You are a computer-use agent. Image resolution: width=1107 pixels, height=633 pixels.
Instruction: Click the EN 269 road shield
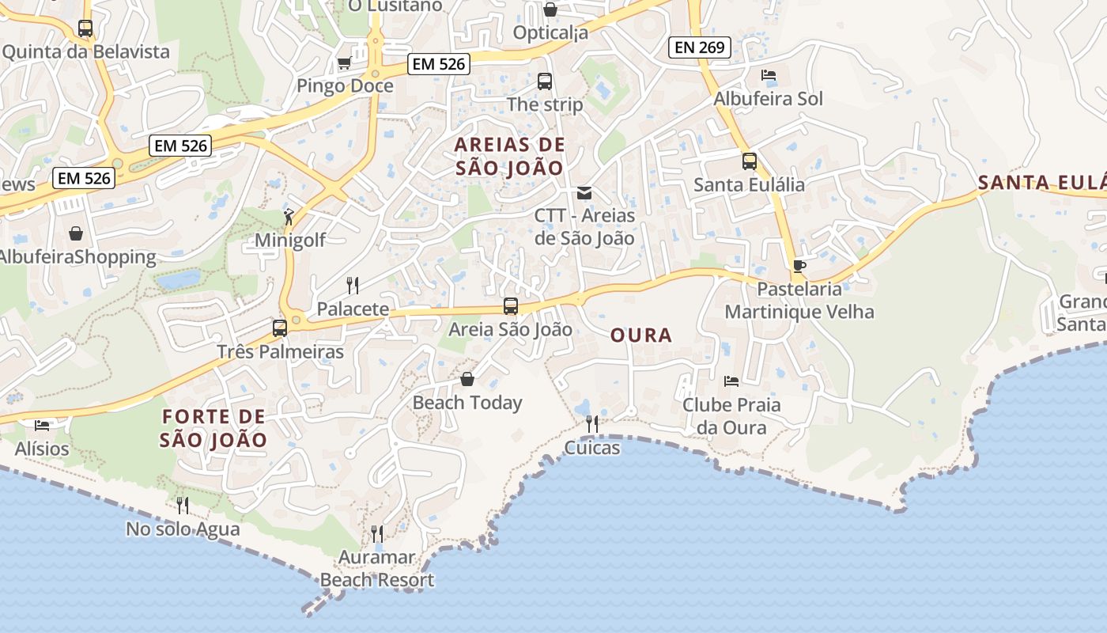coord(700,47)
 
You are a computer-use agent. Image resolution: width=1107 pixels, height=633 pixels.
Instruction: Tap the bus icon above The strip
coord(545,81)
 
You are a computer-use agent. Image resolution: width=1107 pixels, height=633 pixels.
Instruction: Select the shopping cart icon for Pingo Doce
coord(344,63)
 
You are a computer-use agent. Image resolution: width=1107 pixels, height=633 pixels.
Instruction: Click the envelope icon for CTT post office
coord(584,192)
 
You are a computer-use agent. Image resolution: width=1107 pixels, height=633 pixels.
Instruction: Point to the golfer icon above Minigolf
coord(289,216)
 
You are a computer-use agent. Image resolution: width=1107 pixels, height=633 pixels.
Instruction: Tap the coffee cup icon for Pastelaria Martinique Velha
coord(799,266)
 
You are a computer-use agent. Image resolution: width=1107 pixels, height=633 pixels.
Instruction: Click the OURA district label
coord(641,335)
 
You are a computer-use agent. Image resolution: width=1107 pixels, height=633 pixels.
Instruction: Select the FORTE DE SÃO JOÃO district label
coord(213,428)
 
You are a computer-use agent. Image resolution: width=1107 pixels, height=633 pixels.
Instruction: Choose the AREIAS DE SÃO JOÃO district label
coord(510,156)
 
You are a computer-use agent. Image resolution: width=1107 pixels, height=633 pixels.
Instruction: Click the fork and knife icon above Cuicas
coord(592,425)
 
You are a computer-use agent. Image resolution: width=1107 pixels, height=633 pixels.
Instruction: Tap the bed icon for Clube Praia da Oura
coord(731,381)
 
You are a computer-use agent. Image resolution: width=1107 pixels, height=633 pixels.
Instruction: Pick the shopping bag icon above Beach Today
coord(467,379)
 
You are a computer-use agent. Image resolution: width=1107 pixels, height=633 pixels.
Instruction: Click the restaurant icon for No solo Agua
coord(183,505)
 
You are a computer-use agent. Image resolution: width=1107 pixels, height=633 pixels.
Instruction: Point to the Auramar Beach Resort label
coord(377,569)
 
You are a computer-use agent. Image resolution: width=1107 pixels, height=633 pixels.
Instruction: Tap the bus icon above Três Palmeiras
coord(280,328)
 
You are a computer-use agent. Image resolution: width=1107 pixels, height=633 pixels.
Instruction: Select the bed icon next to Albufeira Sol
coord(769,75)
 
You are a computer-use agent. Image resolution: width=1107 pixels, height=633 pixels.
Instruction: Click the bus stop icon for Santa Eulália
coord(750,161)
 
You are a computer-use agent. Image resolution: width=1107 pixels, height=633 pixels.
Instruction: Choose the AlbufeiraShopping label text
coord(77,257)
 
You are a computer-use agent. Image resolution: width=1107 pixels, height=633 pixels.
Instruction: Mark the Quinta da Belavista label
coord(86,52)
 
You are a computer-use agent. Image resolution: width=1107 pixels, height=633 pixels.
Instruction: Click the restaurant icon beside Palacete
coord(353,285)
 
